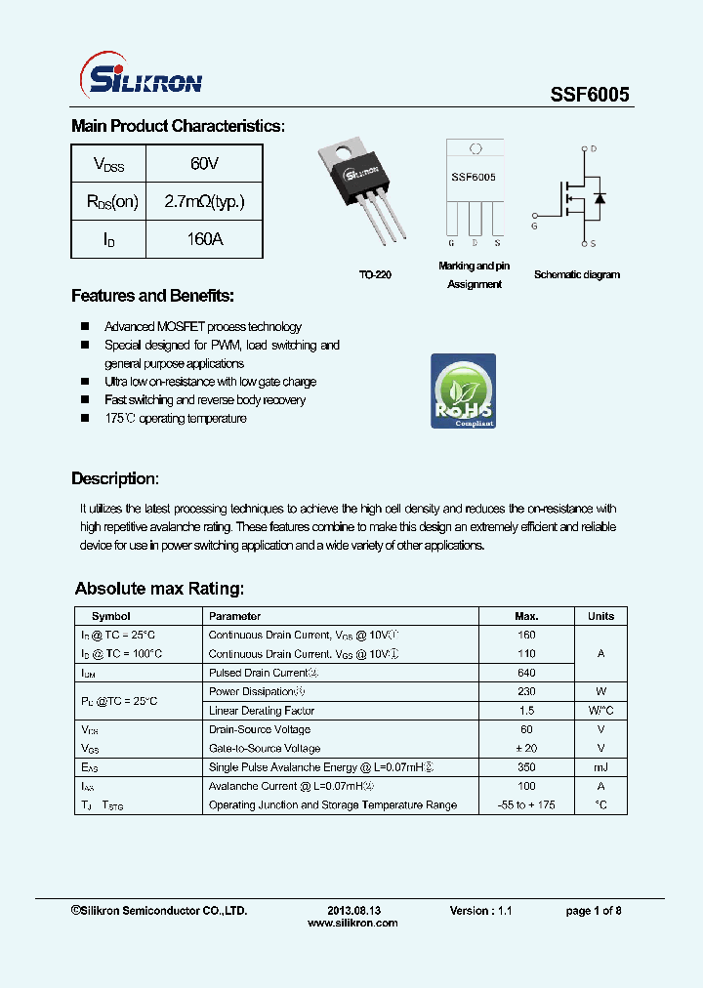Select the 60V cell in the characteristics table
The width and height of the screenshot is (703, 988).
pos(204,163)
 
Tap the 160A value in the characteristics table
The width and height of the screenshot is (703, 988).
pos(204,239)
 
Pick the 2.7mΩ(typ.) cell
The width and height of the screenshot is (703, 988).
pos(204,201)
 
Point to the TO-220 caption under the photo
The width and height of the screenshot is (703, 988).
pos(375,275)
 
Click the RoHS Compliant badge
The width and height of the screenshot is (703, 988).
pos(463,391)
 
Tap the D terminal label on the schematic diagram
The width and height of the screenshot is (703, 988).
pos(593,149)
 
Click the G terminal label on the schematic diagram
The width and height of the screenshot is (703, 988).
pos(534,226)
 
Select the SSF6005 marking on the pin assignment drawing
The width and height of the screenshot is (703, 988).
pos(474,178)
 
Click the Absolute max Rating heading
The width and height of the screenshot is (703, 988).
pos(159,589)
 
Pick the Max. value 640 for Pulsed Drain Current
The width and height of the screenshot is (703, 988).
pos(526,673)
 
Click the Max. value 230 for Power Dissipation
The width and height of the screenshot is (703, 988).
pos(526,691)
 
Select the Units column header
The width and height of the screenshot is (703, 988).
pos(600,616)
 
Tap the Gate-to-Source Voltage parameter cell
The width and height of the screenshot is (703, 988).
pos(265,748)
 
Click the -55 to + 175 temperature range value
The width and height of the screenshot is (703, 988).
pos(526,805)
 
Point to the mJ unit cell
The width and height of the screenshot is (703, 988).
pos(600,767)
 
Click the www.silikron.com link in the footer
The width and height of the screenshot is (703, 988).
pos(352,923)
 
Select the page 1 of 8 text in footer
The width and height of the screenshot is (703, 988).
pos(593,910)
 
